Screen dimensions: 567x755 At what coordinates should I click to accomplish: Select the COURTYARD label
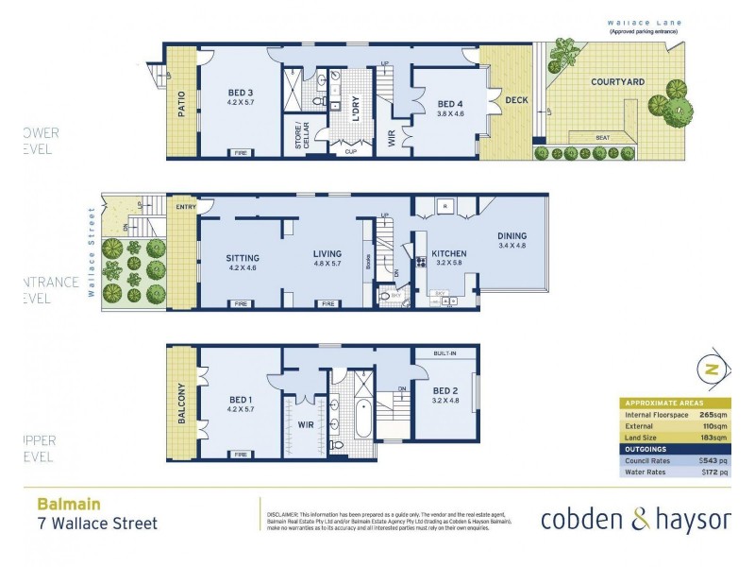tap(617, 82)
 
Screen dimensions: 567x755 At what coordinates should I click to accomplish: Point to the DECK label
tap(515, 100)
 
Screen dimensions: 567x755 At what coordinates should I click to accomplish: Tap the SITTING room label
tap(242, 257)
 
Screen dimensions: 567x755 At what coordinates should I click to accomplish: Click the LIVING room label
tap(327, 253)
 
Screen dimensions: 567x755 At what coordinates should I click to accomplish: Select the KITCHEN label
tap(449, 254)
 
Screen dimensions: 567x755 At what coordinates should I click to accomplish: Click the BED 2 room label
tap(445, 390)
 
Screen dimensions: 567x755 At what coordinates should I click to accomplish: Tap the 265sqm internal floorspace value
tap(713, 414)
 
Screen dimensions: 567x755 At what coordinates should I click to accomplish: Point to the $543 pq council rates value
tap(712, 460)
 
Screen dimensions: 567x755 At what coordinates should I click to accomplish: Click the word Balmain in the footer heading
tap(68, 505)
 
